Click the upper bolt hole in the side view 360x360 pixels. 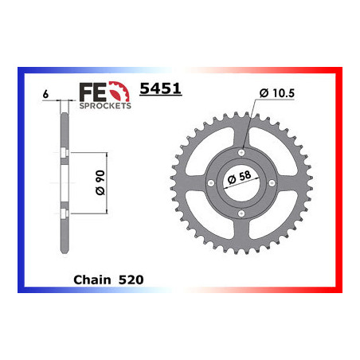[x=61, y=151]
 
